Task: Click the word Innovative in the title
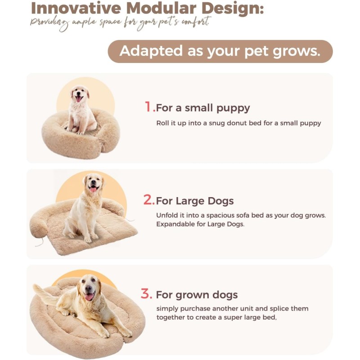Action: click(x=76, y=8)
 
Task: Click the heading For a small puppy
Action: click(x=203, y=108)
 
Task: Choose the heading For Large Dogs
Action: click(x=195, y=201)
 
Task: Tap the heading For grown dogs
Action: click(x=197, y=295)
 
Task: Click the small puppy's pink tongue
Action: click(x=78, y=99)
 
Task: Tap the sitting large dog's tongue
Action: click(x=93, y=189)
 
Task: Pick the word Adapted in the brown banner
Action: click(x=151, y=51)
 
